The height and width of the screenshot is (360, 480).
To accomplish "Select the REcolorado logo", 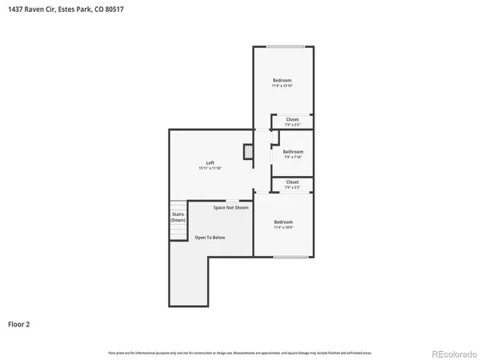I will pos(452,353).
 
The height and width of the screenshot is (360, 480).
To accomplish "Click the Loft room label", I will pos(210,162).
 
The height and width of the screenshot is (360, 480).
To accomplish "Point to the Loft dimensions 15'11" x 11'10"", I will pos(210,168).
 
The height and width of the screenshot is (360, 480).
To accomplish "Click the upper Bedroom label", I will pos(282,80).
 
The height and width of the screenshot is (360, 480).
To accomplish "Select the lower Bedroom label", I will pos(283,222).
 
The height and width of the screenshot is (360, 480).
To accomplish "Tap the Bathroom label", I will pos(293,151).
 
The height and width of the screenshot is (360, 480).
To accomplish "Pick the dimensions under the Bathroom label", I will pos(293,157).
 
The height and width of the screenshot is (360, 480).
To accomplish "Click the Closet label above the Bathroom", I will pos(293,119).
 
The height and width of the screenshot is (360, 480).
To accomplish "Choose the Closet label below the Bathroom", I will pos(293,182).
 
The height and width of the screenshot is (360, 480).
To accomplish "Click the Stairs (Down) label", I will pos(178,217).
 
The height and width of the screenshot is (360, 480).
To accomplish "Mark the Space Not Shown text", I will pos(230,207).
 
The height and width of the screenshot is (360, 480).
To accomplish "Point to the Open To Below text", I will pos(210,238).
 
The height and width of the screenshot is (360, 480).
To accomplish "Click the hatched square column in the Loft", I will pos(249,151).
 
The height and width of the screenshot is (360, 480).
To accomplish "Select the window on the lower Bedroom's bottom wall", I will pos(291,257).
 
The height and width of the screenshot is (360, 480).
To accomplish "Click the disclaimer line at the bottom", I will pos(240,352).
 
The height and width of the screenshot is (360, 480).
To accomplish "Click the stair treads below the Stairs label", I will pos(178,231).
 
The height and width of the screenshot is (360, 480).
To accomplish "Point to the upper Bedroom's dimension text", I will pos(282,86).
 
